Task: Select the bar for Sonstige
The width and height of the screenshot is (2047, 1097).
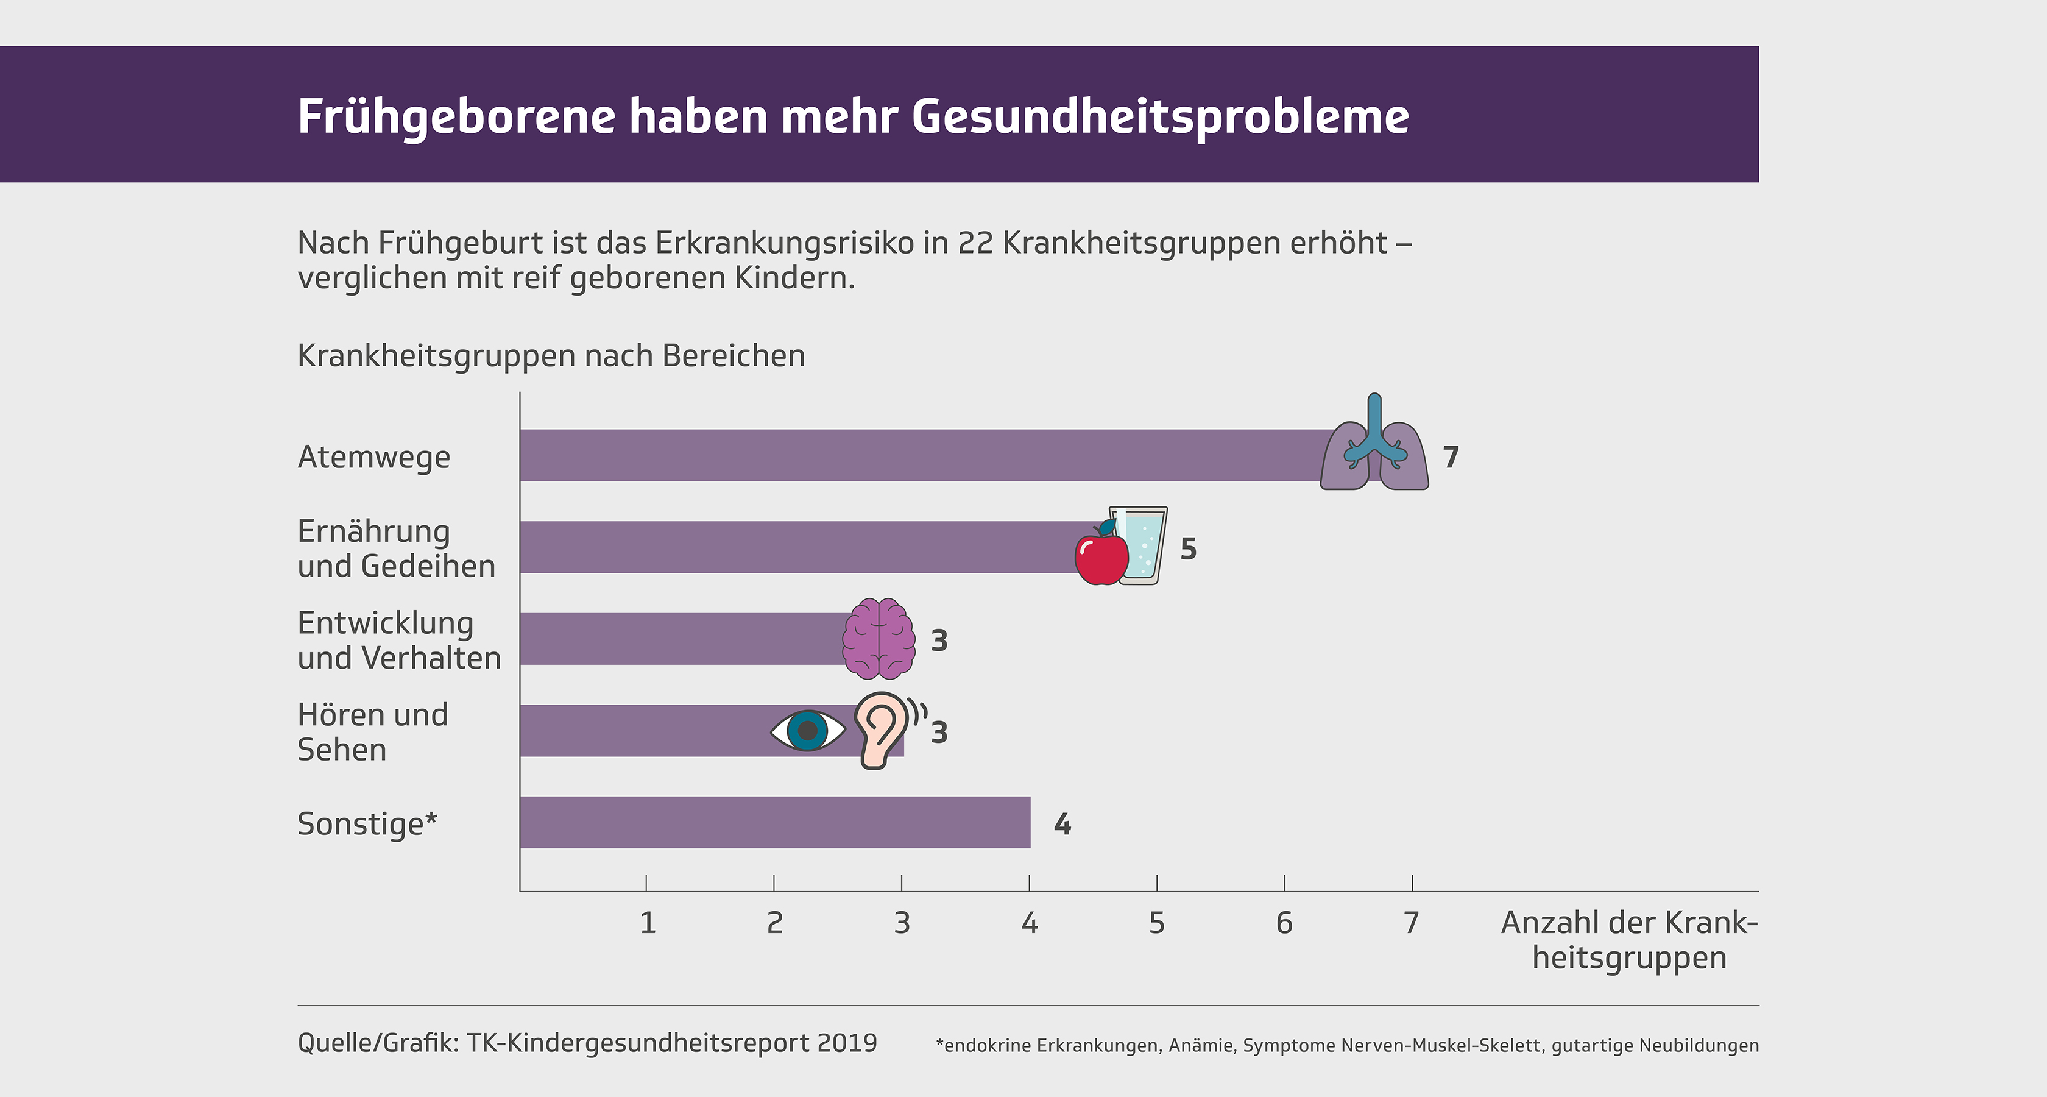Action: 775,822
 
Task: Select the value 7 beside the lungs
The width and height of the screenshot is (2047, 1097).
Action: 1451,457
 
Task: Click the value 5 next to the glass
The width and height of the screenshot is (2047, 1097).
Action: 1188,548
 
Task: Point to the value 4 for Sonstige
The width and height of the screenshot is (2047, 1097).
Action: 1062,825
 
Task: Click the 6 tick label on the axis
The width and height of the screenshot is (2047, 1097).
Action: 1284,923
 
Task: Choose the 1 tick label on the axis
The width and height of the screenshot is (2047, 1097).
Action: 648,923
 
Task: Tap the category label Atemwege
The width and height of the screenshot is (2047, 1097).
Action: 373,458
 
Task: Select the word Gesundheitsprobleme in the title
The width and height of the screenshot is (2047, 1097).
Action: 1160,117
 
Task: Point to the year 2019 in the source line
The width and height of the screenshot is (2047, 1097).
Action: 846,1043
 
